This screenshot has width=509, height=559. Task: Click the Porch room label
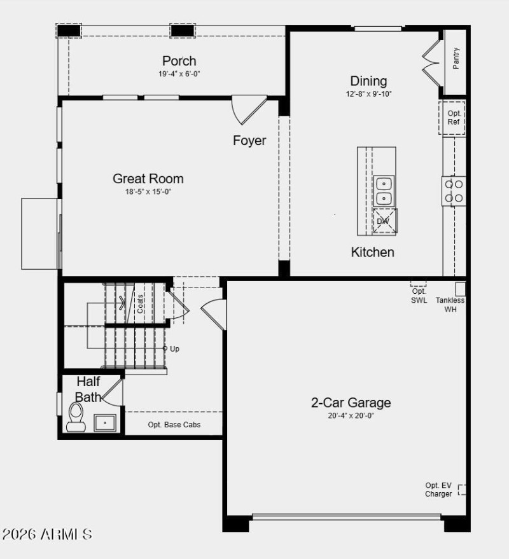point(179,61)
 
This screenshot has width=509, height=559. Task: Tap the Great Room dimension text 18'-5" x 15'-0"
point(148,191)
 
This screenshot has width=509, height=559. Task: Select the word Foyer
point(249,141)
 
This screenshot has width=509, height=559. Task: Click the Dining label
point(368,81)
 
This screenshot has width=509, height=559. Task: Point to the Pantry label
point(456,59)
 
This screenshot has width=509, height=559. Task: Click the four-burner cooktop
point(454,191)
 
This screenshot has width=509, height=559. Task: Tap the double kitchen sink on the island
point(384,191)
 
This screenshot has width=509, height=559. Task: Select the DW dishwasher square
point(384,221)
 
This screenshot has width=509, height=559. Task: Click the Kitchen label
point(373,252)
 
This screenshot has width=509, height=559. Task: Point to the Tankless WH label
point(450,305)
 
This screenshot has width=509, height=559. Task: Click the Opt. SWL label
point(419,296)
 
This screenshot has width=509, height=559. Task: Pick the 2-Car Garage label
point(351,403)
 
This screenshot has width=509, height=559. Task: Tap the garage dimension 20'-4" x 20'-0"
point(351,416)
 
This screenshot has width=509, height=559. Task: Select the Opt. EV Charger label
point(439,490)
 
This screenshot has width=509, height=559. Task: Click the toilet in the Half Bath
point(76,417)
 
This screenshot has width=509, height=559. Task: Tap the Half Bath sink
point(105,422)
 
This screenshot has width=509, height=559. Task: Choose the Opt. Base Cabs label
point(174,424)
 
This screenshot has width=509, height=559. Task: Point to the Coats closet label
point(140,303)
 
